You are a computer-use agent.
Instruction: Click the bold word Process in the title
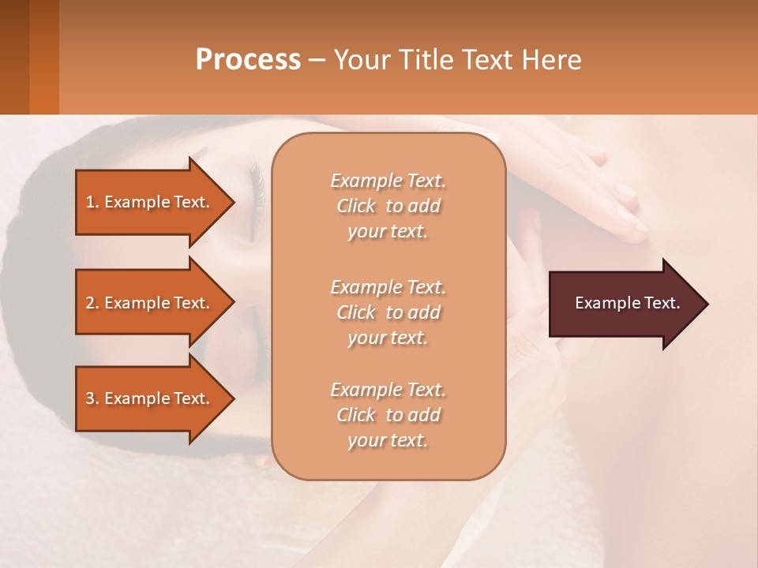pyautogui.click(x=248, y=59)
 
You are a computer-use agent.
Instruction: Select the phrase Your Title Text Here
pyautogui.click(x=458, y=59)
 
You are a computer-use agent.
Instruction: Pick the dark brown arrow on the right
pyautogui.click(x=624, y=304)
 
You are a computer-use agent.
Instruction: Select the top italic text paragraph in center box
pyautogui.click(x=388, y=206)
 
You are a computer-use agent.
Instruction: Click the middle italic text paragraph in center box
pyautogui.click(x=388, y=312)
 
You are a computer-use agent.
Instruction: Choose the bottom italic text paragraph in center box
pyautogui.click(x=388, y=415)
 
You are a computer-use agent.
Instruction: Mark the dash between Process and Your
pyautogui.click(x=317, y=60)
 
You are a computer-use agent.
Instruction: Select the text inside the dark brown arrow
pyautogui.click(x=628, y=303)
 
